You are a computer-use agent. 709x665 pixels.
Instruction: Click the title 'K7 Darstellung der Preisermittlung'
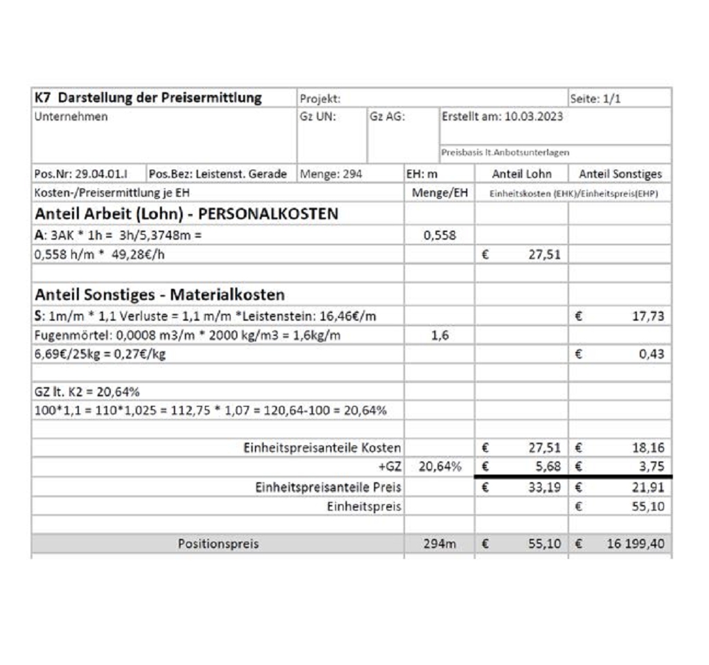click(148, 98)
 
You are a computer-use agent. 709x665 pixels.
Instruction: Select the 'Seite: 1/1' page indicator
click(595, 98)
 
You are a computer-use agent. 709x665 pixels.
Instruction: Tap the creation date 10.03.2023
click(533, 116)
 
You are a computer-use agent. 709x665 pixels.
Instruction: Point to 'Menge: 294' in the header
click(331, 174)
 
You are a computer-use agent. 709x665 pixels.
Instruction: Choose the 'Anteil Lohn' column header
click(521, 174)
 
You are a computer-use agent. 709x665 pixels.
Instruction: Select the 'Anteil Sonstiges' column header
click(620, 174)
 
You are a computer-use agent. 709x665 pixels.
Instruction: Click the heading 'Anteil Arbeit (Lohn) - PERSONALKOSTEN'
click(186, 213)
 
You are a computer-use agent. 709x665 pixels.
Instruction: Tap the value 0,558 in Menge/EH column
click(440, 235)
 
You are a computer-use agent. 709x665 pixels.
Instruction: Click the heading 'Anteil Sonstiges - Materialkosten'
click(159, 294)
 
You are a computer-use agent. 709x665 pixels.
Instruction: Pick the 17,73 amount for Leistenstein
click(648, 317)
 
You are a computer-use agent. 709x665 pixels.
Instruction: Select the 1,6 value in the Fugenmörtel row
click(440, 335)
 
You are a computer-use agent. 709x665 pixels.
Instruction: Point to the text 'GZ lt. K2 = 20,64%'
click(87, 391)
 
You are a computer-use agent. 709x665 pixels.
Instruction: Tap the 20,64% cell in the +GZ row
click(440, 467)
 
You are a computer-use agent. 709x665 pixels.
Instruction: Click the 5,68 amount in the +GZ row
click(547, 467)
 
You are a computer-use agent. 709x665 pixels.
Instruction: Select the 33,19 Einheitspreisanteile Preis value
click(544, 487)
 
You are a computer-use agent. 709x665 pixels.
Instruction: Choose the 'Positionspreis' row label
click(218, 544)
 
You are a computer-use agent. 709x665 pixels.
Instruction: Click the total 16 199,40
click(635, 544)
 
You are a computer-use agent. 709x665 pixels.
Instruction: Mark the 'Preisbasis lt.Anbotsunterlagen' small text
click(506, 152)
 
